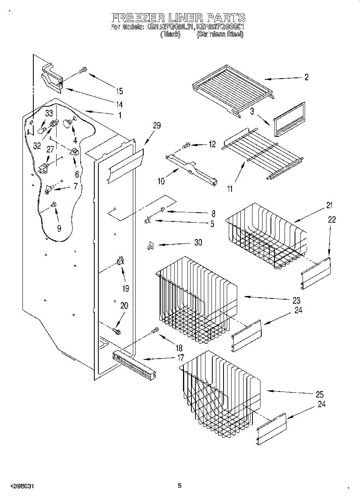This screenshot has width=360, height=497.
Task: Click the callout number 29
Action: (157, 126)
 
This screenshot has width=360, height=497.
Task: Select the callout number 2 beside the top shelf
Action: (306, 77)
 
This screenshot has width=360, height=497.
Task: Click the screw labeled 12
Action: (186, 146)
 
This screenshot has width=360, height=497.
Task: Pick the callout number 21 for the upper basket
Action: (329, 205)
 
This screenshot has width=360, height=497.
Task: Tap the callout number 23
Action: (297, 300)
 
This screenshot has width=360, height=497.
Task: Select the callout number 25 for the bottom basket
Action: (320, 394)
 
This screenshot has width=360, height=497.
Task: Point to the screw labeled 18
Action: (155, 331)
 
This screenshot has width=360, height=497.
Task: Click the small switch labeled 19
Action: (120, 261)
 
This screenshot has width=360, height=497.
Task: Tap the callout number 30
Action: (198, 243)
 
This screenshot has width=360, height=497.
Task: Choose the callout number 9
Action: (59, 229)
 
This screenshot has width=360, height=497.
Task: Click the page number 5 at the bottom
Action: (179, 486)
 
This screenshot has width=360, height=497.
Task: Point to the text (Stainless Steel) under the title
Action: (220, 34)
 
